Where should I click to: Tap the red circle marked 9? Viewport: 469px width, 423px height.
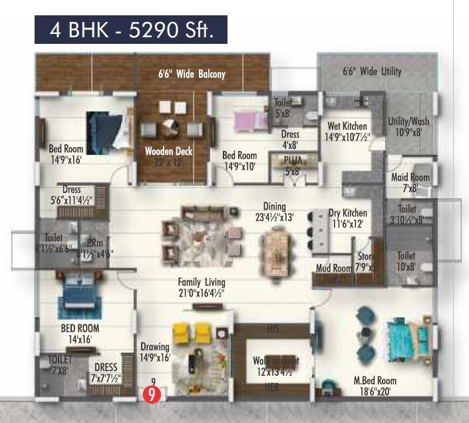coord(152,394)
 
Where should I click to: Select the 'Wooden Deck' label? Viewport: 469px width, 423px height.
coord(169,152)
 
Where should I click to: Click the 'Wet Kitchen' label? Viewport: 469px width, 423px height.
coord(347,126)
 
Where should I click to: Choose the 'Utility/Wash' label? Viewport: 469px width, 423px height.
coord(408,122)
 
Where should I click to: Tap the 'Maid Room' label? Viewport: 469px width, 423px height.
coord(410,178)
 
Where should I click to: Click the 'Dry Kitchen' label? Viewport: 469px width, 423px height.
coord(346,213)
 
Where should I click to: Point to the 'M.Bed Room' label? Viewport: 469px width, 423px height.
coord(375,380)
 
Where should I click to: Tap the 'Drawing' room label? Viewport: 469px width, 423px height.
coord(155,347)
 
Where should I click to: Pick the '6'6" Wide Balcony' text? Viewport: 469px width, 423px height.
coord(192,74)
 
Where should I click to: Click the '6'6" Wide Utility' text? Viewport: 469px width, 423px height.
coord(372,71)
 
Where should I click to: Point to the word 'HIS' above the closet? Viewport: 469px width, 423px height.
coord(273,329)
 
